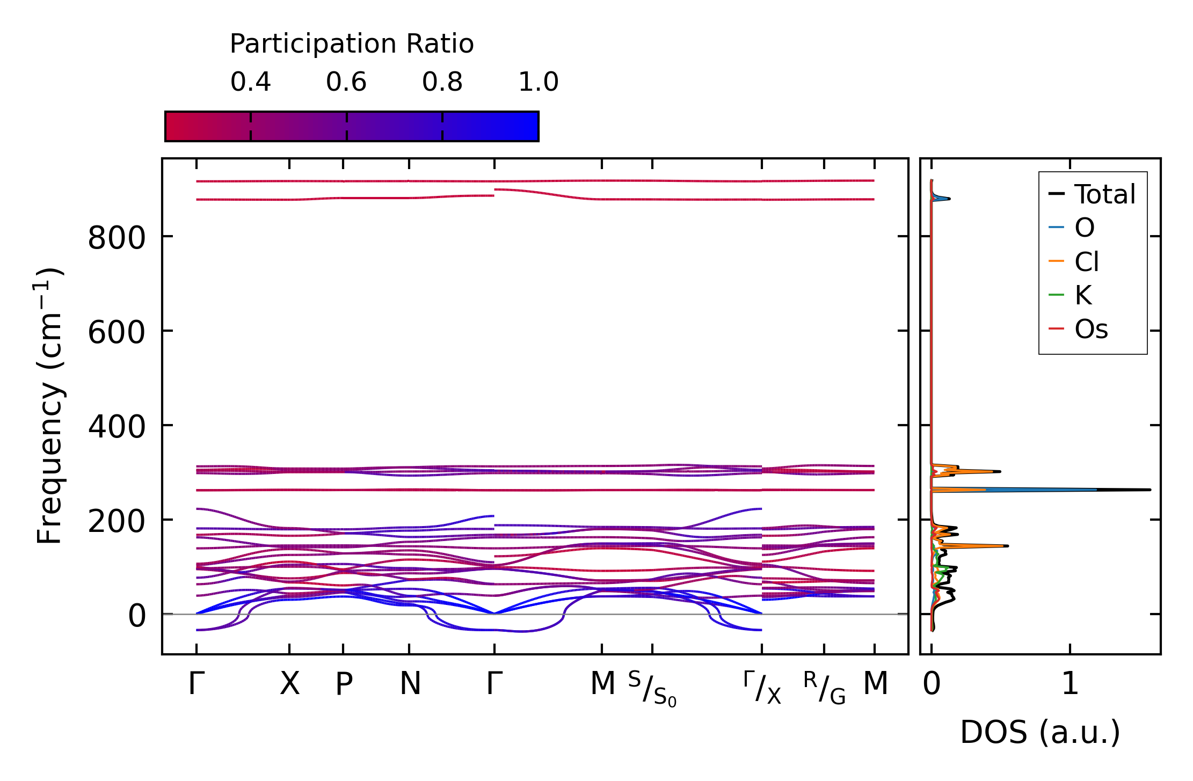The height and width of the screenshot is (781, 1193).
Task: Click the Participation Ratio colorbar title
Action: [x=352, y=44]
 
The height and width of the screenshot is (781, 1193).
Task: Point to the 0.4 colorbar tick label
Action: [x=250, y=82]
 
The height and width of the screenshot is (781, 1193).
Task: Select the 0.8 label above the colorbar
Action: [x=442, y=82]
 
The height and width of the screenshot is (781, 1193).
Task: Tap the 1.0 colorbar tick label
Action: [x=538, y=82]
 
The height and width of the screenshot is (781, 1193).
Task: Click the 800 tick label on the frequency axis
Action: [x=117, y=238]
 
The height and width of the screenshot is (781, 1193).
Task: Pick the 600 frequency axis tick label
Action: [x=117, y=332]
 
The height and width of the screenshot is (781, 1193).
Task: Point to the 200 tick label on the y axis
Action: [x=117, y=521]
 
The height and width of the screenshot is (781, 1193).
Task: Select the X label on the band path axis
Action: [x=289, y=684]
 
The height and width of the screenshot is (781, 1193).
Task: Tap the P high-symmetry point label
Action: [x=344, y=684]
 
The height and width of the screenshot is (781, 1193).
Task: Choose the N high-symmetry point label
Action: [x=410, y=684]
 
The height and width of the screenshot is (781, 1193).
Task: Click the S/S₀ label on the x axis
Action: [x=652, y=689]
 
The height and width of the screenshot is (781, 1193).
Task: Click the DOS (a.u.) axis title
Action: [x=1040, y=732]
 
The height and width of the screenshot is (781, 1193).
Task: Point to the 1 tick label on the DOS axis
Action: [x=1070, y=684]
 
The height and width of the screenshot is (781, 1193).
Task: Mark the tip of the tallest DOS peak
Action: [x=1150, y=490]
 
